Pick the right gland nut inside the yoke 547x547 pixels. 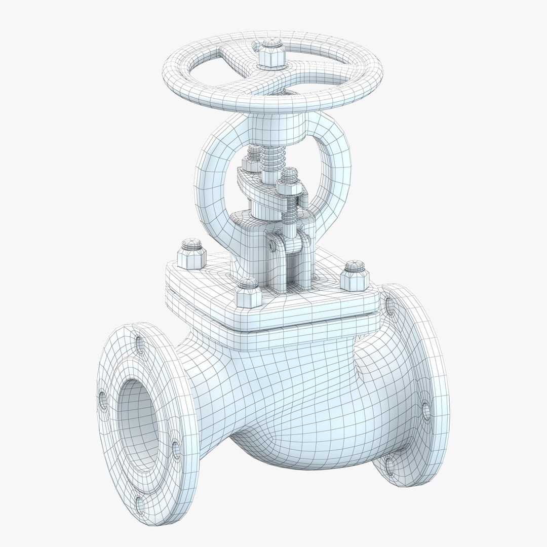[x=288, y=181]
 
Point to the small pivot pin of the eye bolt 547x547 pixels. [x=273, y=245]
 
